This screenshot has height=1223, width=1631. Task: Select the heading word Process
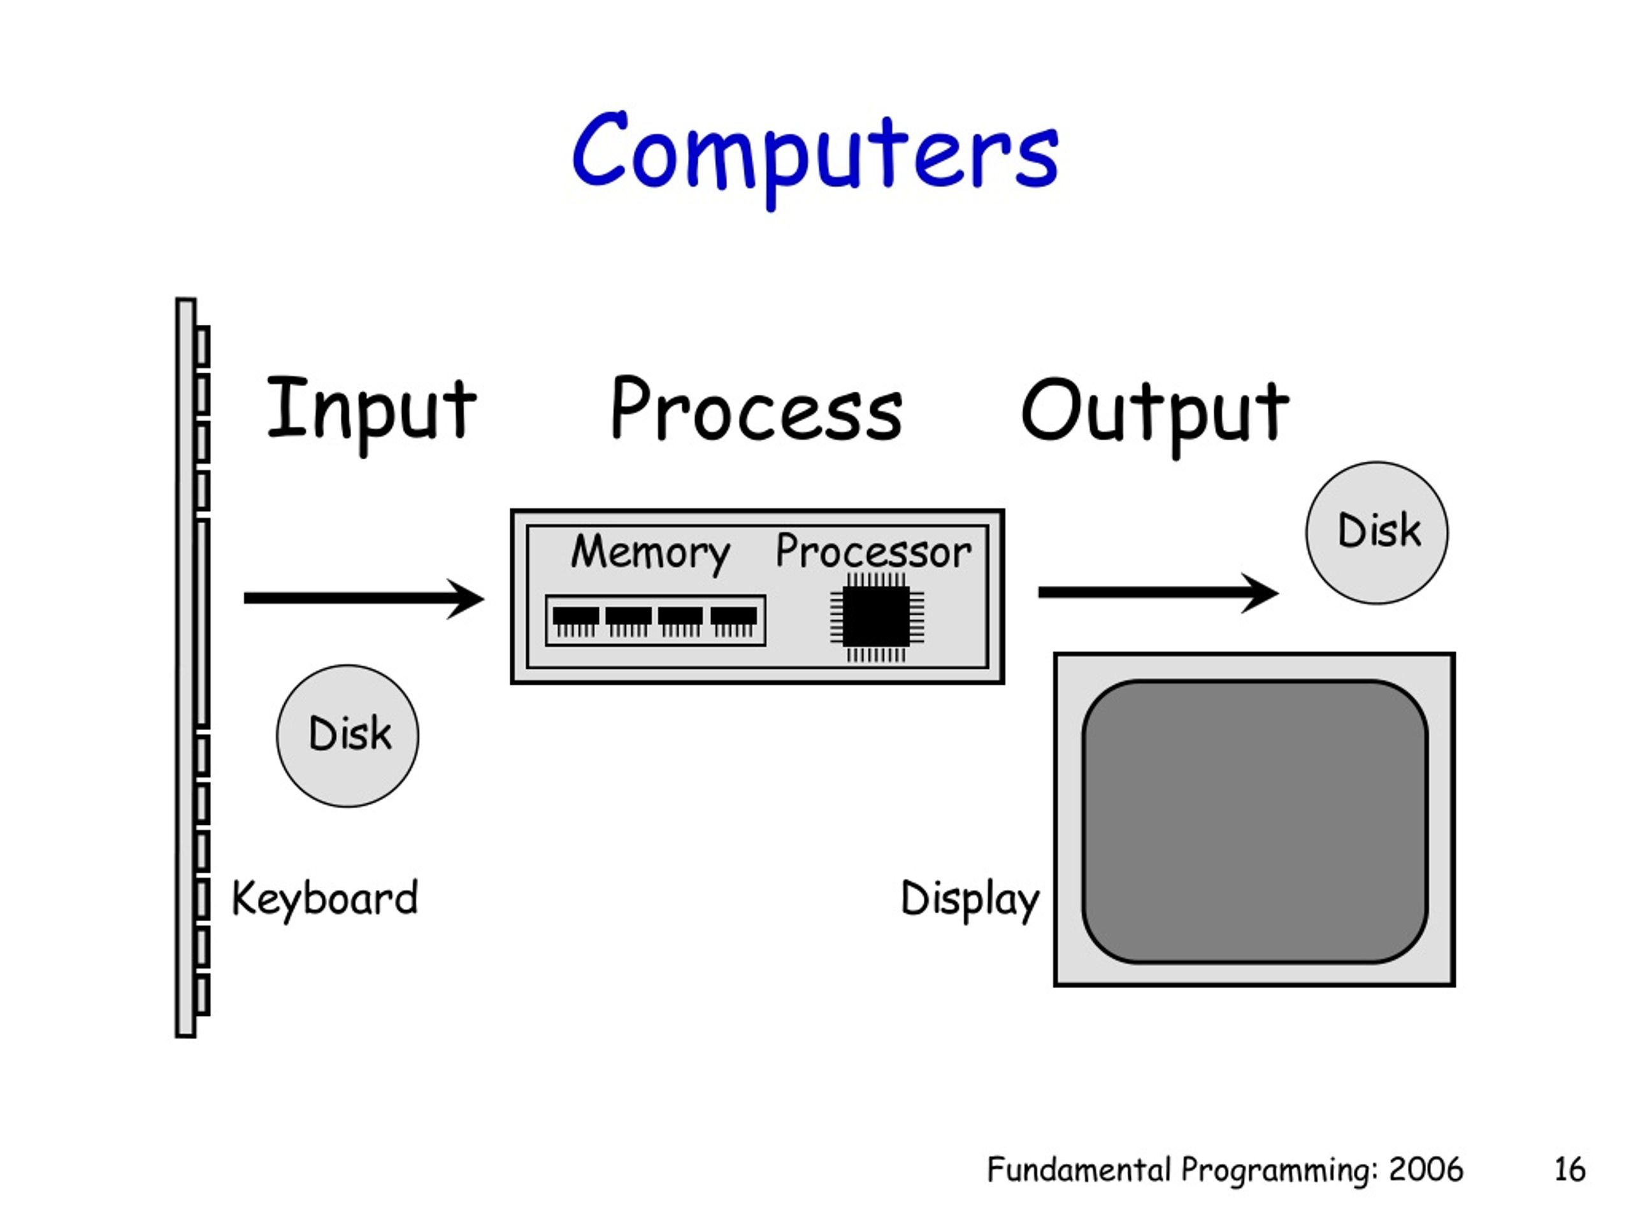pyautogui.click(x=756, y=410)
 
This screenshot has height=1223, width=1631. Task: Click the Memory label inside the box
pyautogui.click(x=650, y=553)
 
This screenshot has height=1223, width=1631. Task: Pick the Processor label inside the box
pyautogui.click(x=873, y=552)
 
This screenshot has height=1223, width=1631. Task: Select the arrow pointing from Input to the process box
pyautogui.click(x=364, y=598)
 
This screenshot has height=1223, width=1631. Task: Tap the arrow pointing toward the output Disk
pyautogui.click(x=1158, y=592)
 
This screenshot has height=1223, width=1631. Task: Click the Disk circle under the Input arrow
pyautogui.click(x=347, y=736)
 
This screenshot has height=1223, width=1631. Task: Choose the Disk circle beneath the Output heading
pyautogui.click(x=1377, y=533)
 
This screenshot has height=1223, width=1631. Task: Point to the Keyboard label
pyautogui.click(x=325, y=899)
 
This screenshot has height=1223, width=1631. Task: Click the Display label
pyautogui.click(x=970, y=900)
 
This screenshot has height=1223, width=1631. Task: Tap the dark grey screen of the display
pyautogui.click(x=1255, y=821)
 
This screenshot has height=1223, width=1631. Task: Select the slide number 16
pyautogui.click(x=1570, y=1170)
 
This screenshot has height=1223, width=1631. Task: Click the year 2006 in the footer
pyautogui.click(x=1426, y=1170)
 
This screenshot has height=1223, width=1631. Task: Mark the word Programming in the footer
pyautogui.click(x=1279, y=1171)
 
